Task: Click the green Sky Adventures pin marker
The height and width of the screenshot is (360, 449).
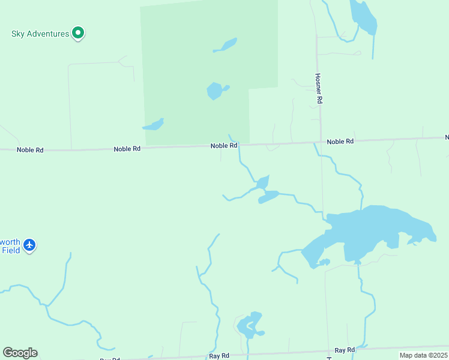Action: point(77,33)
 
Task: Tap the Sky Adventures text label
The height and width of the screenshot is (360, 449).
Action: point(40,34)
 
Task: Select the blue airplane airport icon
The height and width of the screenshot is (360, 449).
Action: point(29,245)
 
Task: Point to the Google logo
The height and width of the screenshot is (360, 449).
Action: point(20,353)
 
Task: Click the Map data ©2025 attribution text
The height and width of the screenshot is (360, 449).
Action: point(423,355)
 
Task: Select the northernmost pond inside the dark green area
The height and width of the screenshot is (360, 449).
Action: point(226,45)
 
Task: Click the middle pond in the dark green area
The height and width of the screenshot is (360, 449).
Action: point(215,91)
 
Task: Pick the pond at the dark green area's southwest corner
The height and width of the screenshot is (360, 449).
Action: point(154,125)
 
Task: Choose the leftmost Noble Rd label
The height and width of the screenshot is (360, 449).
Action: point(30,149)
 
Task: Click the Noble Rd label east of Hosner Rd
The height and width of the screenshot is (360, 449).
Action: point(340,142)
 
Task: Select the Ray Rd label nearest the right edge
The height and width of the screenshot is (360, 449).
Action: point(345,350)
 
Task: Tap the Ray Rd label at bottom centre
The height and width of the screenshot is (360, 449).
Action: point(219,356)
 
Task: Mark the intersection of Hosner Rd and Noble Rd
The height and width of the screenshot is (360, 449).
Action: point(320,142)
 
